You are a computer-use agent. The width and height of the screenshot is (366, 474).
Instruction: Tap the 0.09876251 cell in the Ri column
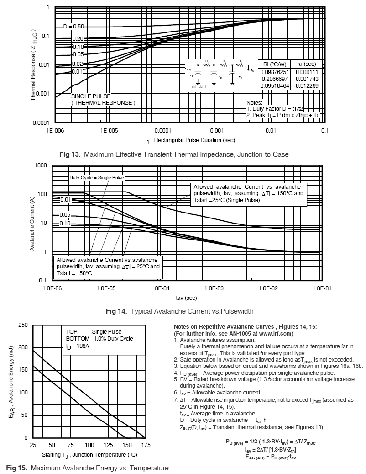pos(274,72)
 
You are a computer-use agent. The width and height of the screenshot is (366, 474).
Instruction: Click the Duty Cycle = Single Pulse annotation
pos(96,177)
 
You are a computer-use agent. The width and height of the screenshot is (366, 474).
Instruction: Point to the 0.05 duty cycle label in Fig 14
pos(65,215)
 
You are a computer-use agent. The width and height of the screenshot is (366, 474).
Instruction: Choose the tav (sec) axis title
pos(186,298)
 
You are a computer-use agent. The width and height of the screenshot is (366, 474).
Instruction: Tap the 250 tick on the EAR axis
pos(22,325)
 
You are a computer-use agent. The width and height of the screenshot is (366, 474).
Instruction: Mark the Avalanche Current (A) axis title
pos(33,224)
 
